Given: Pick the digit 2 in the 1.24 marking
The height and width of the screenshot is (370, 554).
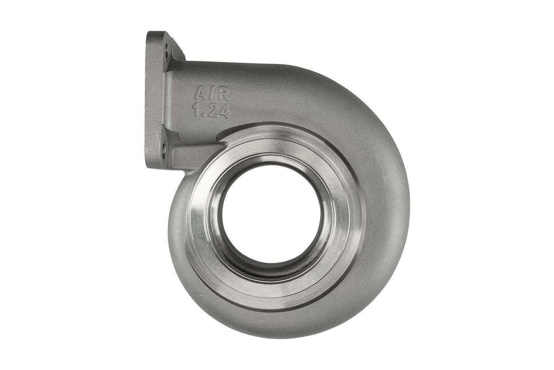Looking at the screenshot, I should click(x=211, y=110).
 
